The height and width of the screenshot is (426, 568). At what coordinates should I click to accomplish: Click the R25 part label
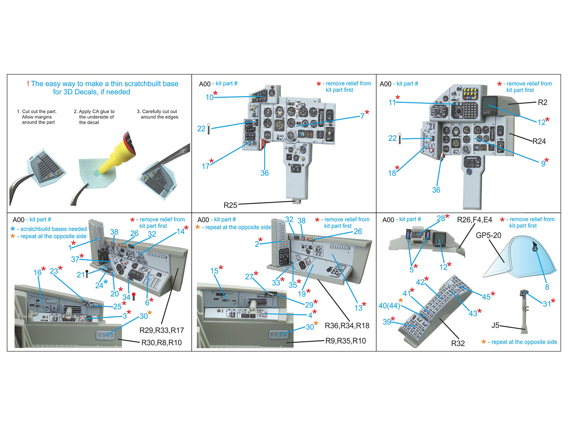click(x=230, y=206)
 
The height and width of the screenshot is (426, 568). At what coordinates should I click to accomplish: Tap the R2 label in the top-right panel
click(x=542, y=103)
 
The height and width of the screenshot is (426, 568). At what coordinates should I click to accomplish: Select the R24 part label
click(x=539, y=141)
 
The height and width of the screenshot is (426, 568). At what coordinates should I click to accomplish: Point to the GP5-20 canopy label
click(x=488, y=235)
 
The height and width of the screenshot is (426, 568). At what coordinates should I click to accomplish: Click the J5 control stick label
click(x=495, y=325)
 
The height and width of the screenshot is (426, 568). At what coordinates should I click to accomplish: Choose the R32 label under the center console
click(x=458, y=343)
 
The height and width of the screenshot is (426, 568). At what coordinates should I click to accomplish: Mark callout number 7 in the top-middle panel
click(x=364, y=115)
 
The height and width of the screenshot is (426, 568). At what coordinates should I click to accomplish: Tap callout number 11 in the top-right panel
click(x=394, y=101)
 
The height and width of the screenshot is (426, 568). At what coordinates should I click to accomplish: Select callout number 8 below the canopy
click(x=547, y=287)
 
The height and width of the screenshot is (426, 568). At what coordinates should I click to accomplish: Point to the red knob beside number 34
click(x=134, y=296)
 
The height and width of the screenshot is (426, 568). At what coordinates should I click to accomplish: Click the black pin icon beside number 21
click(x=87, y=274)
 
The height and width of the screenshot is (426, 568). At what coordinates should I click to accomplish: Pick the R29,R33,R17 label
click(x=162, y=330)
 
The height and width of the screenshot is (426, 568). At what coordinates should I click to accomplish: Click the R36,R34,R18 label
click(x=347, y=326)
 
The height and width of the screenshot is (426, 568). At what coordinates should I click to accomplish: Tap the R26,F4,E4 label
click(x=474, y=220)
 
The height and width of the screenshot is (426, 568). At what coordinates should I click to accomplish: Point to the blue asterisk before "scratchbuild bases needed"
click(x=12, y=229)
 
